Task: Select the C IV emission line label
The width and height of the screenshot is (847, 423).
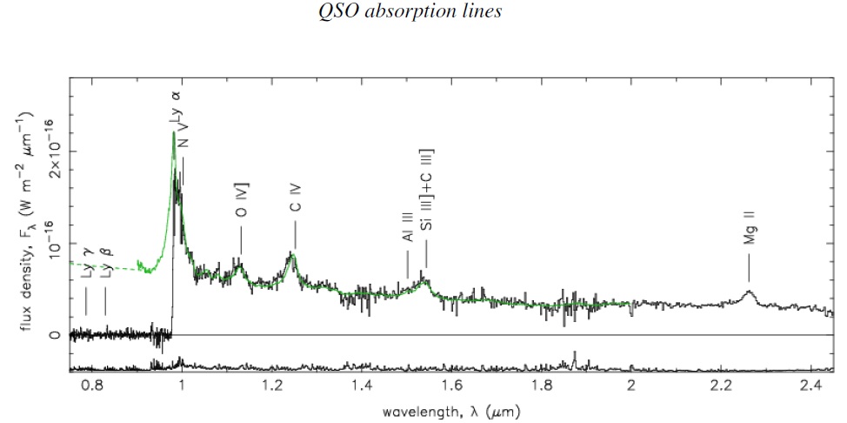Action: pyautogui.click(x=296, y=201)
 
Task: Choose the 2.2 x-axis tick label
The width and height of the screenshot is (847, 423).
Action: pyautogui.click(x=721, y=386)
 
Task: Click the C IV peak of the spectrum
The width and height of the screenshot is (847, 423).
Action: pyautogui.click(x=293, y=253)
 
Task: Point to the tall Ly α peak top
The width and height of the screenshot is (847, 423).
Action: pyautogui.click(x=174, y=133)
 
